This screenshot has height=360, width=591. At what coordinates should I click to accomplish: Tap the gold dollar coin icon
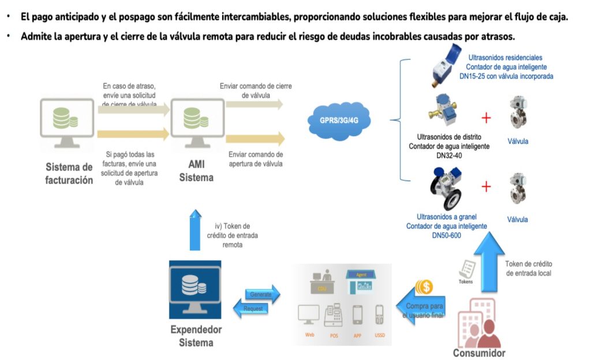[x=425, y=287]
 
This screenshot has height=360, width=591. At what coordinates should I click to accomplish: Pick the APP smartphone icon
[x=357, y=315]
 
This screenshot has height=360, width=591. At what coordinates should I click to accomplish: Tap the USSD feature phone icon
[x=379, y=315]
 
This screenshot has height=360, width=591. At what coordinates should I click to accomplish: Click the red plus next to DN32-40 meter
[x=487, y=118]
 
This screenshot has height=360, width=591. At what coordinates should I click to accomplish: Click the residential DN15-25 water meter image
[x=446, y=67]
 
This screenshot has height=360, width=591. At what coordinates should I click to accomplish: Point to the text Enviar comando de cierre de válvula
[x=256, y=91]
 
